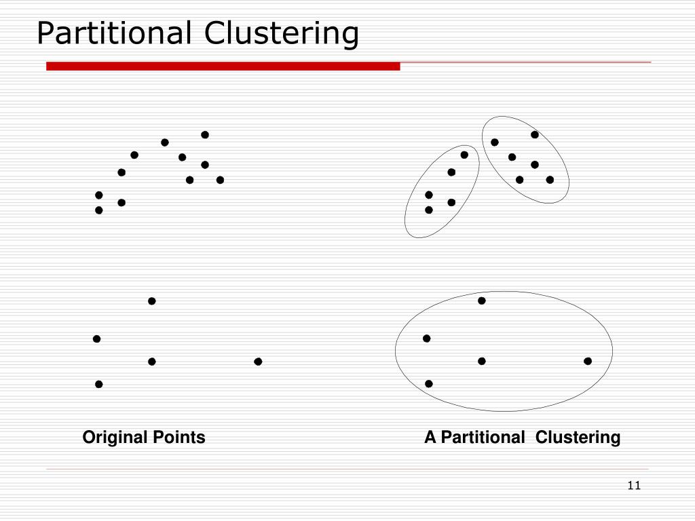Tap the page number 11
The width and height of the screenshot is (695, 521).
click(x=635, y=485)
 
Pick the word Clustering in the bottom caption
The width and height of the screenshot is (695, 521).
click(x=578, y=438)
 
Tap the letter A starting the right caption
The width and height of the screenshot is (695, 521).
click(x=430, y=438)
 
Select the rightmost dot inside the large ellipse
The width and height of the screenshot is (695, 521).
click(x=588, y=361)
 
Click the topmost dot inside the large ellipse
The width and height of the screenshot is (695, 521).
click(x=482, y=301)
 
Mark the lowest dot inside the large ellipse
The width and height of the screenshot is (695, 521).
click(x=429, y=383)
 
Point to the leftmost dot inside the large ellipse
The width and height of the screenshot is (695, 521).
click(x=427, y=338)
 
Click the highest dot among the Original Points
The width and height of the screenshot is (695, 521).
click(x=205, y=134)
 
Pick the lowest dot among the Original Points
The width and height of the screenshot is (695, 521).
click(x=99, y=384)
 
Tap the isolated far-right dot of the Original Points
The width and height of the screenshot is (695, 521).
click(x=258, y=362)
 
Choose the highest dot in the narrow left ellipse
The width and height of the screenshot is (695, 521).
click(x=464, y=155)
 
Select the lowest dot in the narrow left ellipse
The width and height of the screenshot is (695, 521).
click(x=429, y=210)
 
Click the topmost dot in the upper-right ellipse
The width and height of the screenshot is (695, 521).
click(x=535, y=134)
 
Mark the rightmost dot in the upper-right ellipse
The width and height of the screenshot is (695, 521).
click(x=550, y=180)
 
